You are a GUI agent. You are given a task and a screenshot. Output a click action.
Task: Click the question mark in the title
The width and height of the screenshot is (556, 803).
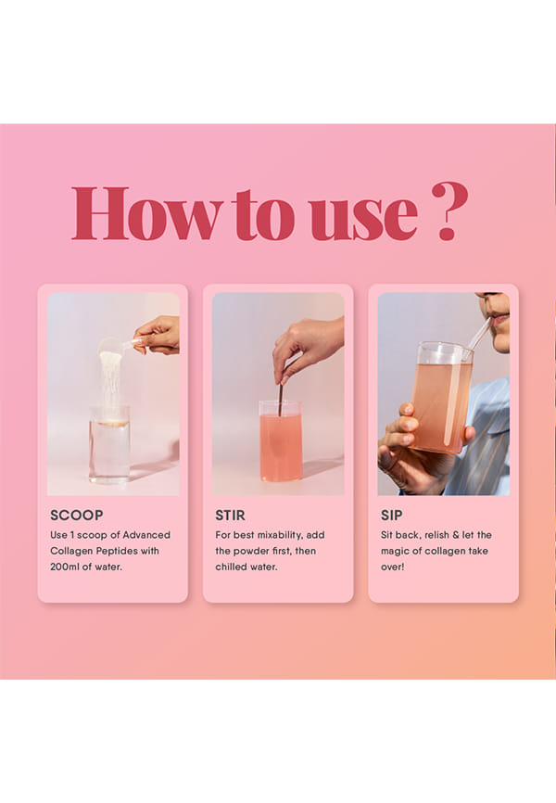point(450,211)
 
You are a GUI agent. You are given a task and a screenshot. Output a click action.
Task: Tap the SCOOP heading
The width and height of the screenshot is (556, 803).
point(77,516)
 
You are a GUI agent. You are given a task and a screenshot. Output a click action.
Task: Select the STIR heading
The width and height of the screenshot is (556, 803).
point(230,516)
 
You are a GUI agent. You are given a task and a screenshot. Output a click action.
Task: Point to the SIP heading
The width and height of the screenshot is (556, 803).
point(391,516)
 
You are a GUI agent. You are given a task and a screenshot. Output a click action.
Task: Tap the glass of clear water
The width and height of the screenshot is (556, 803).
point(109,443)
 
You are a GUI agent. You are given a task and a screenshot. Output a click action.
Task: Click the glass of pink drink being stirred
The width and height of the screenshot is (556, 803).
point(281,440)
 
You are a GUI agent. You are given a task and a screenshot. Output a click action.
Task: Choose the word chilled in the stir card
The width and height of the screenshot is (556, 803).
point(232,567)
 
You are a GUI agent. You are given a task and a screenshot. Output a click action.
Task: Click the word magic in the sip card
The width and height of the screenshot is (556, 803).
point(395,552)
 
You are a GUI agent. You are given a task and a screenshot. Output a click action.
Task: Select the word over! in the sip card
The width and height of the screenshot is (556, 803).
point(393,567)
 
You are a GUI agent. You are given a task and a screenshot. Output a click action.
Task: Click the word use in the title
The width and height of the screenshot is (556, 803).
point(364,220)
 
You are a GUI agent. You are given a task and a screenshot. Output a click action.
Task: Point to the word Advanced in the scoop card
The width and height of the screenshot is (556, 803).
point(146,535)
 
